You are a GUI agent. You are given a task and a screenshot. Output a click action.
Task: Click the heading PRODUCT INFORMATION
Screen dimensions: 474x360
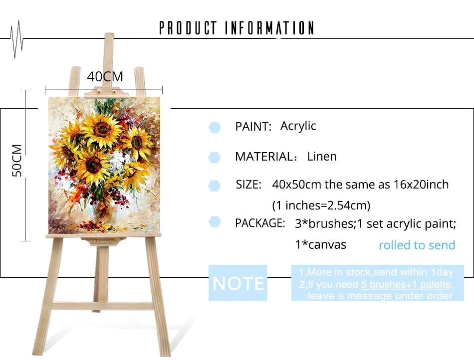(x=237, y=28)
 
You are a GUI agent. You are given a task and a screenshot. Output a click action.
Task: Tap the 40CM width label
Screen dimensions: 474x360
(x=105, y=76)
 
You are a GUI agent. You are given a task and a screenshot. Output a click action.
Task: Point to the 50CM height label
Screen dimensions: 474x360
(x=17, y=161)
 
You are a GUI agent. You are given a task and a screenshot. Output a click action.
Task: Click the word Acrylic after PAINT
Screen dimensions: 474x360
(x=298, y=126)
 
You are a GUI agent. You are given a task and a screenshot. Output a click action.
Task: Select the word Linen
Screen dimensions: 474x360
(x=322, y=157)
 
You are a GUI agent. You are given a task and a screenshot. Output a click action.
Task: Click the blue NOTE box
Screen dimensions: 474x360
(x=238, y=283)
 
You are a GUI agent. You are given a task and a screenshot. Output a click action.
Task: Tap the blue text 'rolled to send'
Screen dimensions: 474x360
(x=417, y=245)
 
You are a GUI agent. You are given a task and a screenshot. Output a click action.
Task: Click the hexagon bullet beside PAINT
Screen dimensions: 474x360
(x=215, y=128)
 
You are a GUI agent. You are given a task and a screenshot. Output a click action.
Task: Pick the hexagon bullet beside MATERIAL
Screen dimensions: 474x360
(x=215, y=158)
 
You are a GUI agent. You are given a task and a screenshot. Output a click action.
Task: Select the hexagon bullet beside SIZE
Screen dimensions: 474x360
(x=215, y=185)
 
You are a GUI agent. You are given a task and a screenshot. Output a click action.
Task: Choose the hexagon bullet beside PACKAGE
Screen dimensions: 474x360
(x=215, y=222)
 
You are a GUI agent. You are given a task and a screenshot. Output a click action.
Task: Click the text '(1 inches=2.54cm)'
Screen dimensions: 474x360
(x=321, y=205)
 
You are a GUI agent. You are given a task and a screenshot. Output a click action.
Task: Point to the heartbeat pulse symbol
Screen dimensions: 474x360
(x=16, y=39)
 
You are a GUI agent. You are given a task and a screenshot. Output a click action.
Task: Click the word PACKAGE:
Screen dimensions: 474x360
(x=260, y=223)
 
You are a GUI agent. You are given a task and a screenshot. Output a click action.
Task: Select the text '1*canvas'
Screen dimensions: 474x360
(x=320, y=245)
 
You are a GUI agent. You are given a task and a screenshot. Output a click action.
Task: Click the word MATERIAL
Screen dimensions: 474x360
(x=263, y=157)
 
